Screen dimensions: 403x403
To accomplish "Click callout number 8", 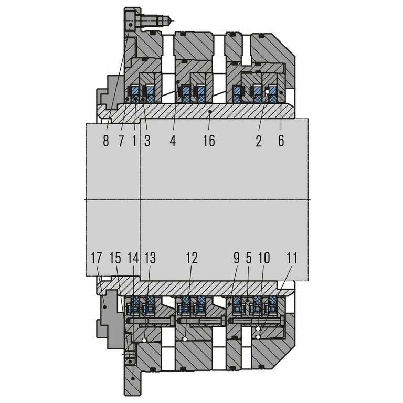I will click(106, 141).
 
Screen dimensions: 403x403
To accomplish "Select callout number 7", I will click(121, 141).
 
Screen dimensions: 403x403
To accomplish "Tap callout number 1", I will click(134, 141).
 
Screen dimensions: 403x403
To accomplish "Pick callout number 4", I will click(173, 141).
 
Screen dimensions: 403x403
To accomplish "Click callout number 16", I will click(209, 141).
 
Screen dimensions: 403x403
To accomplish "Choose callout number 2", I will click(259, 141).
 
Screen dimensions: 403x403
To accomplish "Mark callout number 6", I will click(281, 141).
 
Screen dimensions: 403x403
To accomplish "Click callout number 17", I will click(96, 258).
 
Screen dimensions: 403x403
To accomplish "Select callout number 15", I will click(115, 258).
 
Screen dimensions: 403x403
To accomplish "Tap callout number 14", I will click(133, 258).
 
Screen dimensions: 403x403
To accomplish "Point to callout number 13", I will click(150, 258).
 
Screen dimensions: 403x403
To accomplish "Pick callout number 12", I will click(192, 258).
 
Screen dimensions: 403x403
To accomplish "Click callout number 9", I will click(236, 258).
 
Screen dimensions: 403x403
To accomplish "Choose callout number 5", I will click(249, 258).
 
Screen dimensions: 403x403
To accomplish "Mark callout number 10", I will click(264, 258).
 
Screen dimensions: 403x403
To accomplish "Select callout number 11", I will click(292, 258).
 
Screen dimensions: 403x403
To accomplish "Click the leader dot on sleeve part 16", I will click(209, 112).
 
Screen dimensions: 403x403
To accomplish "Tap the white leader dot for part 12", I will click(186, 340).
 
